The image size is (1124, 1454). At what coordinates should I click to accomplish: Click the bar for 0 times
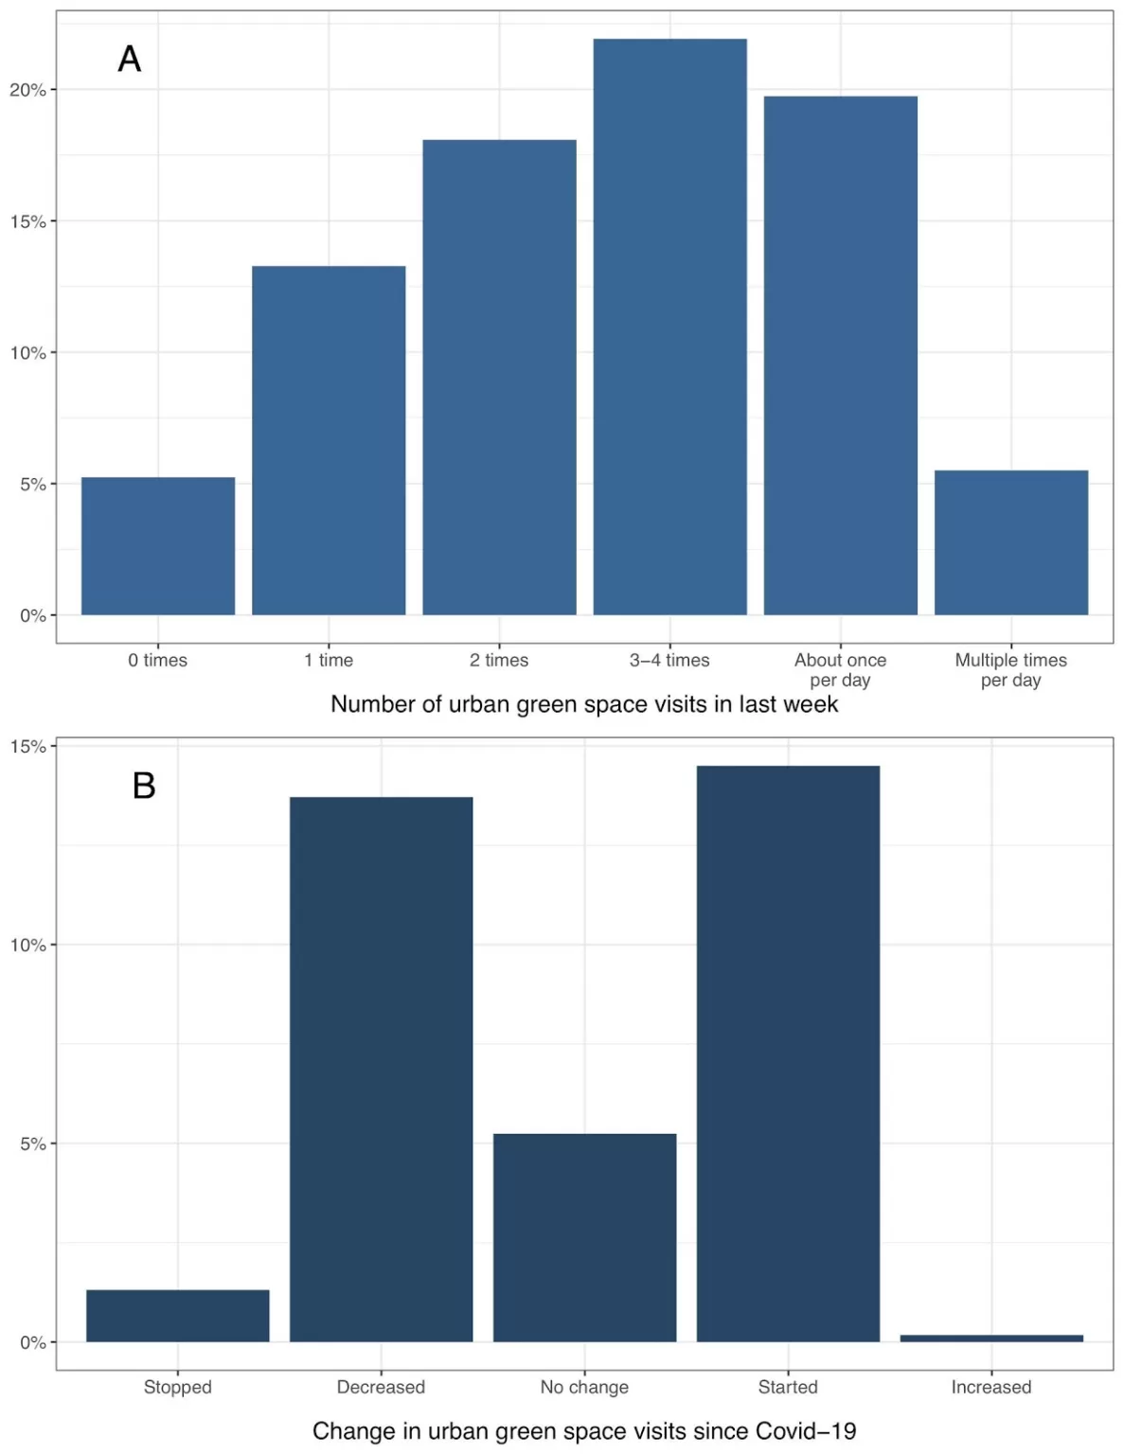[x=158, y=546]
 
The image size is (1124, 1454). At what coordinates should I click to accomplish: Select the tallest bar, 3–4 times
[x=669, y=327]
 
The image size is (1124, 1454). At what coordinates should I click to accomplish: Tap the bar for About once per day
[x=840, y=355]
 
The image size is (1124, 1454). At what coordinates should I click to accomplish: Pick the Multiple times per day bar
[x=1010, y=542]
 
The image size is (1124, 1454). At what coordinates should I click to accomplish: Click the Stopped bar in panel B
[x=178, y=1316]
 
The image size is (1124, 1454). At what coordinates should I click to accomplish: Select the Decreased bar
[x=381, y=1070]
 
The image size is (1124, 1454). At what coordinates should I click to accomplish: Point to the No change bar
[x=584, y=1237]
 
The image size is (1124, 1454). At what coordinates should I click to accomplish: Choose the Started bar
[x=788, y=1054]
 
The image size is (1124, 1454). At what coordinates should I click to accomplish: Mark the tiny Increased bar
[x=991, y=1339]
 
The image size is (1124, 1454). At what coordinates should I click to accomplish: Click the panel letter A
[x=130, y=60]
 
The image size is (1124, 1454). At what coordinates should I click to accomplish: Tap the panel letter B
[x=144, y=786]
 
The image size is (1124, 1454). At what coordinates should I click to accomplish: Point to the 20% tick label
[x=27, y=90]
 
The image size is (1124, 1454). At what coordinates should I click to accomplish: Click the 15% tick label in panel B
[x=27, y=747]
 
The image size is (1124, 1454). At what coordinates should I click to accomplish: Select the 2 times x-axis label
[x=499, y=661]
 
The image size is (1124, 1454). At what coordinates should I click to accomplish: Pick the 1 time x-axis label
[x=329, y=661]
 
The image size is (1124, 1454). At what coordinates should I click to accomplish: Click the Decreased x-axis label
[x=381, y=1387]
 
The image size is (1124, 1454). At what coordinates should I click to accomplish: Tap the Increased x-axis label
[x=991, y=1387]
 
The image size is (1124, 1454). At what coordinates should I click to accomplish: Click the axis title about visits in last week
[x=584, y=705]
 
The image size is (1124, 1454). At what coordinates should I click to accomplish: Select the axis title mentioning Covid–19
[x=584, y=1431]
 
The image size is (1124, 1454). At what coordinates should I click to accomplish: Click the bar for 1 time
[x=329, y=440]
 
